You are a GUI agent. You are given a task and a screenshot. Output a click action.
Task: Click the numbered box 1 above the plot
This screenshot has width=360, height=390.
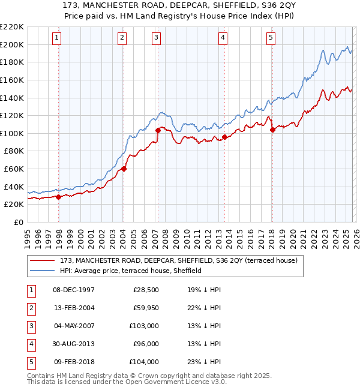tap(56, 38)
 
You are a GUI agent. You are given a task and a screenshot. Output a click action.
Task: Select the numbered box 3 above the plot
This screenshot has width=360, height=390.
tap(156, 38)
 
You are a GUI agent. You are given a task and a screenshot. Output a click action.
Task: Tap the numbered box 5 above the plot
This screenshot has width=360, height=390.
tap(271, 38)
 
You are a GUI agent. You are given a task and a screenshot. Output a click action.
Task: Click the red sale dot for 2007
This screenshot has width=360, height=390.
tap(158, 130)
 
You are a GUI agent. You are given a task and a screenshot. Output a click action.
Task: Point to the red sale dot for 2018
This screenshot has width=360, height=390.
tap(272, 130)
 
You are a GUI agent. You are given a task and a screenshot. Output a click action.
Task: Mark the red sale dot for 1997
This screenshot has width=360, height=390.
tap(58, 197)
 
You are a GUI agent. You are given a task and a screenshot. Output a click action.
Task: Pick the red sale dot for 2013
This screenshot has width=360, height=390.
tap(224, 137)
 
